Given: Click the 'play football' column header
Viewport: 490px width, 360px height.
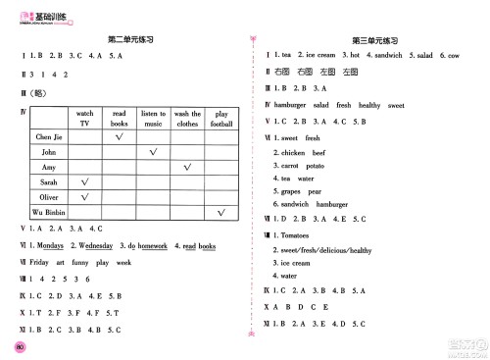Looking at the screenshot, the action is pos(221,119).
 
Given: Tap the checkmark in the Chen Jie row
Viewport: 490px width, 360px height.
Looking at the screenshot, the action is pos(118,137).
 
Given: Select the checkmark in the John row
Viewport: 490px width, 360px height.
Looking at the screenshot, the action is pos(152,153).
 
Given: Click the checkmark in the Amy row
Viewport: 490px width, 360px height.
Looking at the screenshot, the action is pos(186,168).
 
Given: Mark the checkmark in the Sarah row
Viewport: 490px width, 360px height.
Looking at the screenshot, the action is pos(84,182).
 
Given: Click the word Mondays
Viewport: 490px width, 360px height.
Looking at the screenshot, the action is pos(51,245).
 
